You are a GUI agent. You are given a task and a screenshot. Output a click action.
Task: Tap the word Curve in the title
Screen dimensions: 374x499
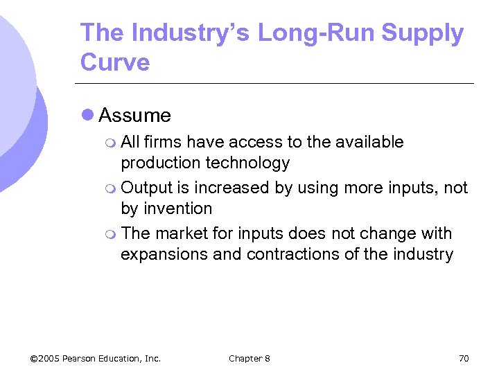tap(115, 62)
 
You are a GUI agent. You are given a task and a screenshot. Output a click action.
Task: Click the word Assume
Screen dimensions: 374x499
tap(135, 115)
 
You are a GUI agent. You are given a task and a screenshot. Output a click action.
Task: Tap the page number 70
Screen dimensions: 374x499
tap(464, 358)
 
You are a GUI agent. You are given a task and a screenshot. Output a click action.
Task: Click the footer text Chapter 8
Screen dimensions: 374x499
tap(249, 358)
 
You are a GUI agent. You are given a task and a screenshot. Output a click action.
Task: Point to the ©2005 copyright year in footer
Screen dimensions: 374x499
tap(45, 358)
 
